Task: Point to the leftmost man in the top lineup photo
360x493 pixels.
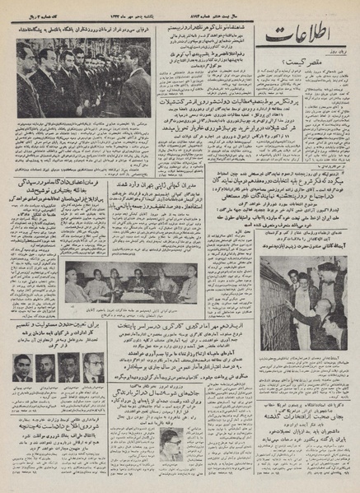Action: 25,78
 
